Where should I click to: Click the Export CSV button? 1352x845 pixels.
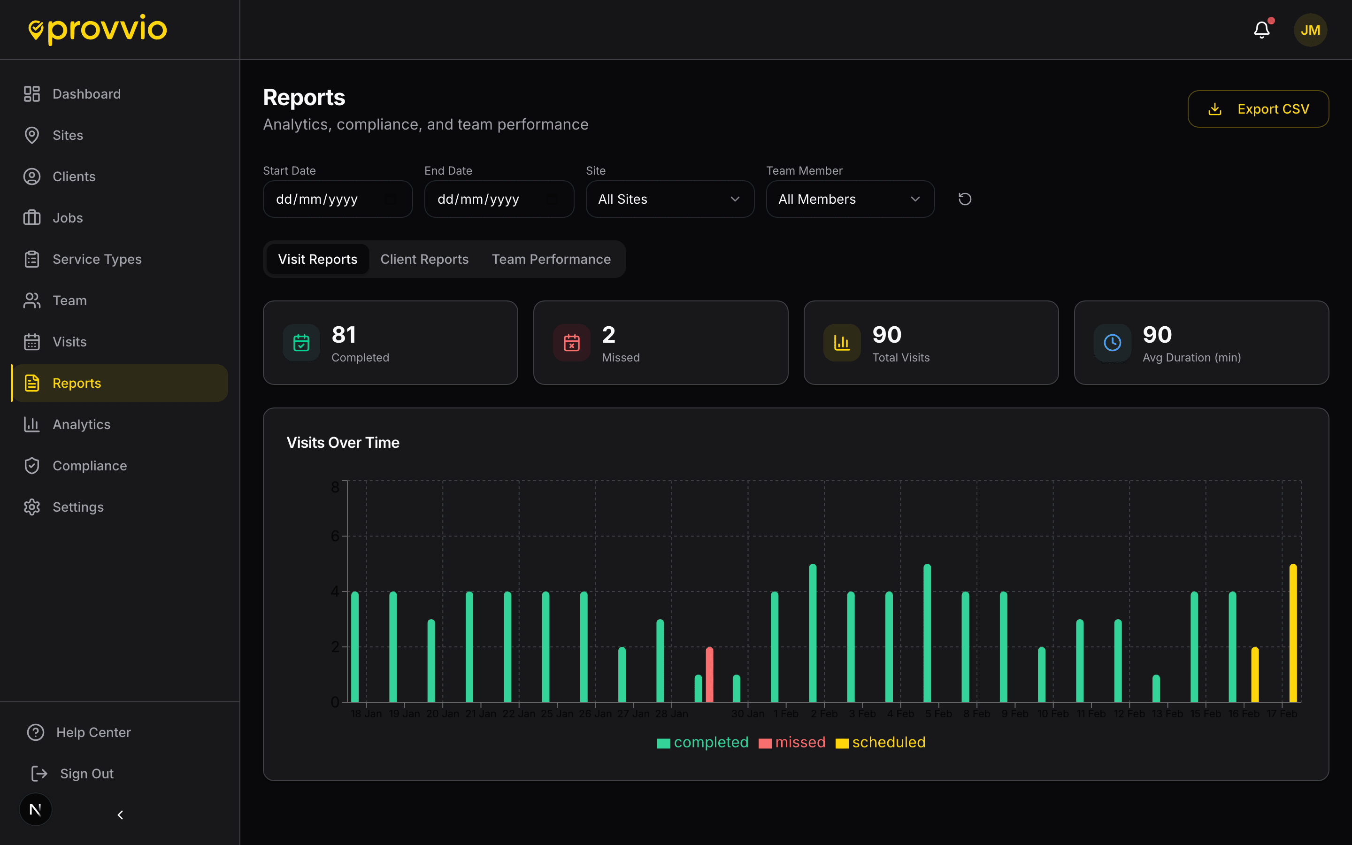point(1258,109)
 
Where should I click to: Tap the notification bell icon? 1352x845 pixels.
point(1261,30)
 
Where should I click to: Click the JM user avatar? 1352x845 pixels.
point(1310,30)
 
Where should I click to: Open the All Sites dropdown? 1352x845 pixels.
point(669,199)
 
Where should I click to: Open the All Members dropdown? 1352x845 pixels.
point(849,199)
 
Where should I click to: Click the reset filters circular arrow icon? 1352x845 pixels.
point(964,199)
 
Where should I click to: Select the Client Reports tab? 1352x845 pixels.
point(424,259)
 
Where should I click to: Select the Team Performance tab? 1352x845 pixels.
point(551,259)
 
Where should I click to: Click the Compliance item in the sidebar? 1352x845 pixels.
point(89,466)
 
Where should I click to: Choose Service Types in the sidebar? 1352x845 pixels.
point(97,259)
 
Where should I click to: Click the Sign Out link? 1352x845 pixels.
point(86,774)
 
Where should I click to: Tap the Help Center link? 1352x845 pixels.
point(93,732)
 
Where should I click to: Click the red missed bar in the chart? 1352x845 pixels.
point(709,675)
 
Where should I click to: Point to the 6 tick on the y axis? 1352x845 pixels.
point(335,536)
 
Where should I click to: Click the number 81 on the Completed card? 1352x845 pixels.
point(344,335)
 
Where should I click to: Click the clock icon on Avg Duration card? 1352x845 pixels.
point(1112,343)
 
